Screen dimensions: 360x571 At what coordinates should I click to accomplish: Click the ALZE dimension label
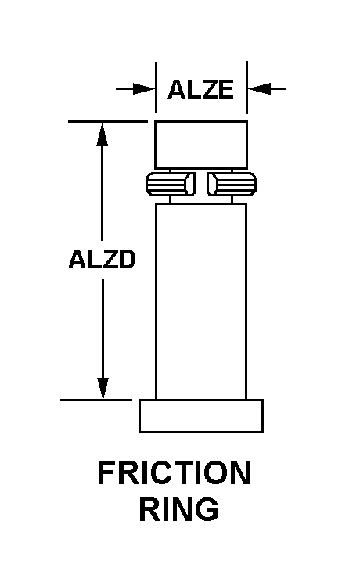(200, 90)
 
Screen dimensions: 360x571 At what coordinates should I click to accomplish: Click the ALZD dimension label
(102, 259)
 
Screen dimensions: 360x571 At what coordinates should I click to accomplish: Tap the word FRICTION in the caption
(174, 472)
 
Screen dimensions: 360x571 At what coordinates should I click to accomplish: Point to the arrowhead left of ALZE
(144, 88)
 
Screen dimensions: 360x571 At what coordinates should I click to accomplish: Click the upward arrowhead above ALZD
(103, 134)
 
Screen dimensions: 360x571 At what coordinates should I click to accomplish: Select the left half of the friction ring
(170, 183)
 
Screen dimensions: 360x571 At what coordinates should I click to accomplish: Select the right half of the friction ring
(232, 183)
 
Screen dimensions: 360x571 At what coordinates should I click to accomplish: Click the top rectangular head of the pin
(201, 145)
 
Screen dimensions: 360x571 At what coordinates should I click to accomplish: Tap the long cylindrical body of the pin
(201, 301)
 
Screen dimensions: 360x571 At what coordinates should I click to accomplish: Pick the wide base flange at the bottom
(201, 416)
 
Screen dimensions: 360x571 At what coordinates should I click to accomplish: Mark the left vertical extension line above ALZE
(156, 88)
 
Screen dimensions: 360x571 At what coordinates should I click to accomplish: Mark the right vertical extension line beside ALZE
(247, 88)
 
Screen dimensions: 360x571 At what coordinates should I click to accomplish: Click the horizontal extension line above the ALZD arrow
(108, 121)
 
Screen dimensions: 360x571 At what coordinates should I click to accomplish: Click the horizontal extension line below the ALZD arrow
(96, 400)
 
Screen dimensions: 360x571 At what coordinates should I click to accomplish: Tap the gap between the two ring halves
(201, 183)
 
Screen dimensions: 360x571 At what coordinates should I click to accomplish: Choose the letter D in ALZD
(127, 259)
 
